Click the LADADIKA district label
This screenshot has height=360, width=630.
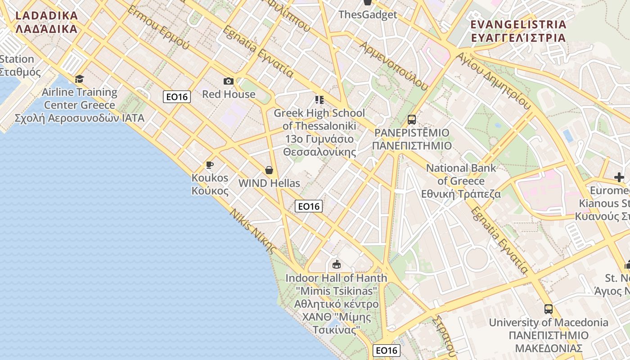click(46, 22)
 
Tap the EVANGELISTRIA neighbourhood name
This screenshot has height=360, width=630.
click(517, 31)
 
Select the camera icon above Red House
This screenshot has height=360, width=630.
click(229, 81)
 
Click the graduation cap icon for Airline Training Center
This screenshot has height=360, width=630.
click(79, 79)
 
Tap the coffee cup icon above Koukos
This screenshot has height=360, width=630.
click(209, 164)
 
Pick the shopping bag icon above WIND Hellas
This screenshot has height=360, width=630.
click(269, 170)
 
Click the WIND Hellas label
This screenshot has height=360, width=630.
click(269, 183)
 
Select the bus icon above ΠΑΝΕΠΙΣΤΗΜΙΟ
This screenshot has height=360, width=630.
click(411, 119)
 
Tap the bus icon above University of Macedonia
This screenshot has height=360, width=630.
click(548, 309)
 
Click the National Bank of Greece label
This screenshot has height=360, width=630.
click(461, 181)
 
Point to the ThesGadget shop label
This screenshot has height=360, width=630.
click(368, 14)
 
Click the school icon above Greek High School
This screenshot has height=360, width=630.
click(319, 99)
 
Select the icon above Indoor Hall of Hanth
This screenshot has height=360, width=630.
click(336, 264)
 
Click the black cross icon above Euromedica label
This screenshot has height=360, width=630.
click(619, 177)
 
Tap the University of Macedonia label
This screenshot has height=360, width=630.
click(548, 335)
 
